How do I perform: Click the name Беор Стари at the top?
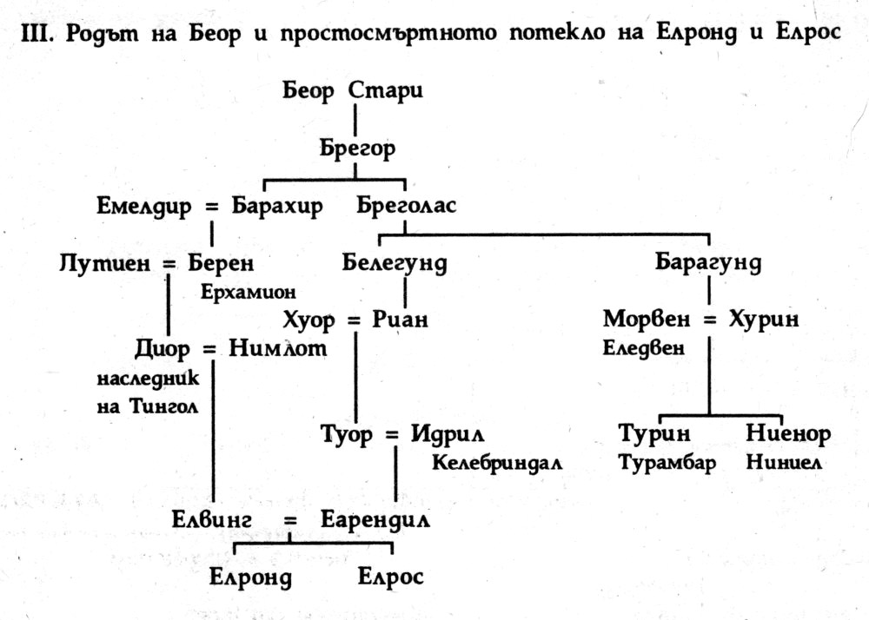[x=354, y=91]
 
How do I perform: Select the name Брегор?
[x=357, y=148]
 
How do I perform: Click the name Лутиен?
[x=106, y=261]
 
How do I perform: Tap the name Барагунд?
[x=708, y=261]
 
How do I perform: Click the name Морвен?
[x=645, y=320]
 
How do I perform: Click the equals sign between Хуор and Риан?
[x=354, y=320]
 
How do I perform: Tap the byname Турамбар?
[x=667, y=462]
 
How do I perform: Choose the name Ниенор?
[x=787, y=433]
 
